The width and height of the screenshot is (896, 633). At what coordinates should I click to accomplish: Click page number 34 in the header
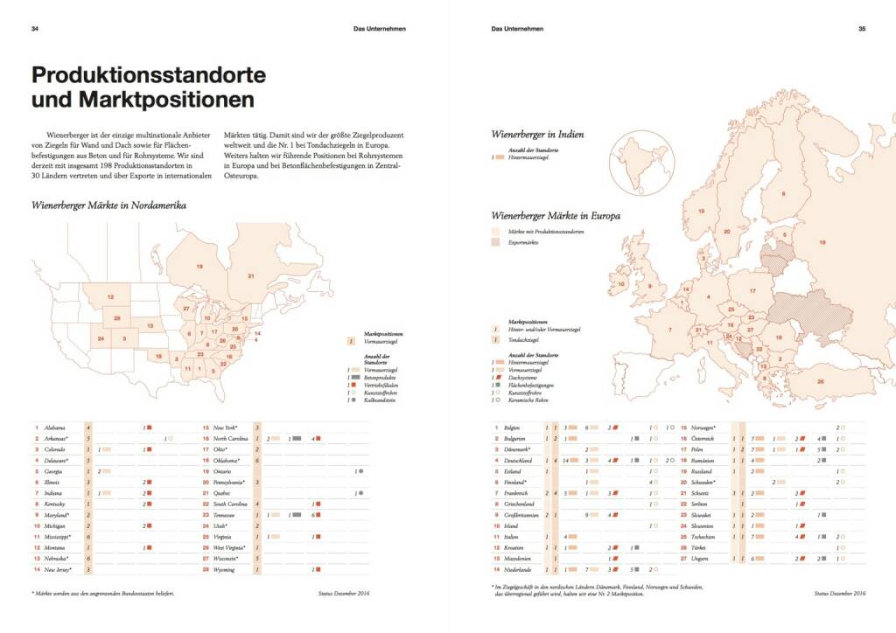tap(35, 28)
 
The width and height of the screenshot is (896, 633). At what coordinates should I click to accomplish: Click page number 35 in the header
tap(862, 28)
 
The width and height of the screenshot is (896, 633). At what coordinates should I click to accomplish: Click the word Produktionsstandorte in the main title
tap(148, 75)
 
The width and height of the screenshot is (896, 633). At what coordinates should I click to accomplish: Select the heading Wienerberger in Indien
tap(537, 135)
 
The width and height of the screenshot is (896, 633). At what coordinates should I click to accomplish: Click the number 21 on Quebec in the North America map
tap(250, 276)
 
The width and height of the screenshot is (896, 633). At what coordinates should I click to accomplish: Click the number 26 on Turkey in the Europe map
tap(820, 380)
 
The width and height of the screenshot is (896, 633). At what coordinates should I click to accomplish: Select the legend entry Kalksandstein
tap(380, 400)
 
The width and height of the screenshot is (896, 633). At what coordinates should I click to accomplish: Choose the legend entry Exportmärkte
tap(521, 242)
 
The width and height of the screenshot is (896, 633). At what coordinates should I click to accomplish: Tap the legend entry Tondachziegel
tap(523, 338)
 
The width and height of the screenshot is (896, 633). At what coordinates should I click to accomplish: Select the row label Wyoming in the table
tap(225, 570)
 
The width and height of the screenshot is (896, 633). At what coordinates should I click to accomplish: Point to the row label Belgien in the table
tap(513, 428)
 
